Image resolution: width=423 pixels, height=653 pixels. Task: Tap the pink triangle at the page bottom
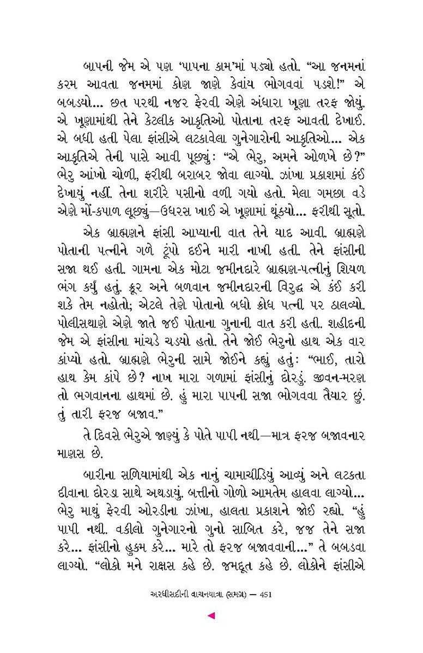point(211,615)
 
